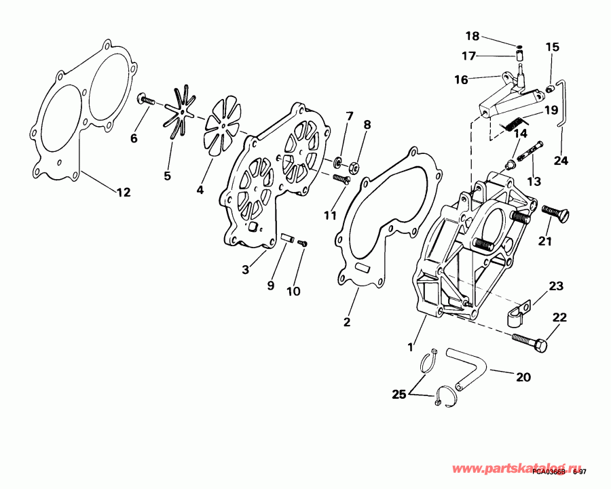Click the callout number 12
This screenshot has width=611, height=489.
click(x=122, y=193)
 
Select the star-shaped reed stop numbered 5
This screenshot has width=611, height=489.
click(x=181, y=113)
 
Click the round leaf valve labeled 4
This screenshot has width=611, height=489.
click(x=223, y=125)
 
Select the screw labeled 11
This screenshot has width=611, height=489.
click(x=341, y=178)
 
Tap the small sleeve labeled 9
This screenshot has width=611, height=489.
click(x=286, y=239)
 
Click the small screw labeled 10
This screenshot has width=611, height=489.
click(x=303, y=243)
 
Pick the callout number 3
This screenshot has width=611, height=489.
click(x=246, y=270)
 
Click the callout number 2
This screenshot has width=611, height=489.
click(x=347, y=323)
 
